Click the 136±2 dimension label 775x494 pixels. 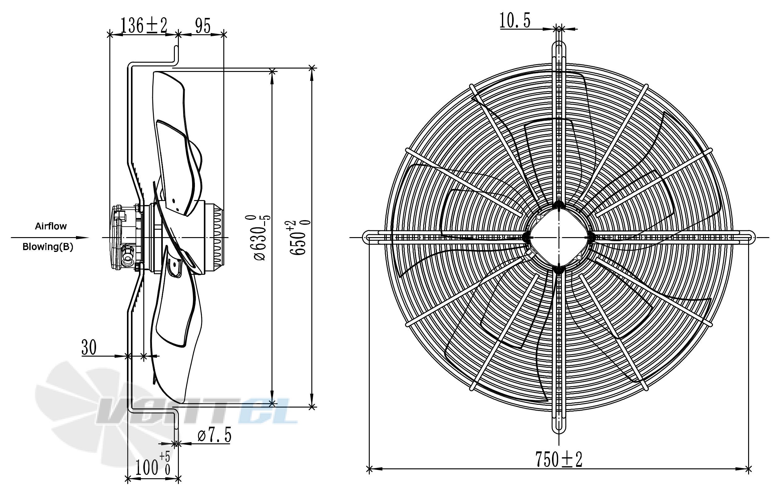coord(144,25)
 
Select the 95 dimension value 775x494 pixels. coord(203,26)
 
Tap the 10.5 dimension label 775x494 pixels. coord(515,20)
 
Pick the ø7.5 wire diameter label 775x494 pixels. coord(214,435)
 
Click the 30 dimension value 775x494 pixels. coord(89,347)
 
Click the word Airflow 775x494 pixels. coord(51,226)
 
